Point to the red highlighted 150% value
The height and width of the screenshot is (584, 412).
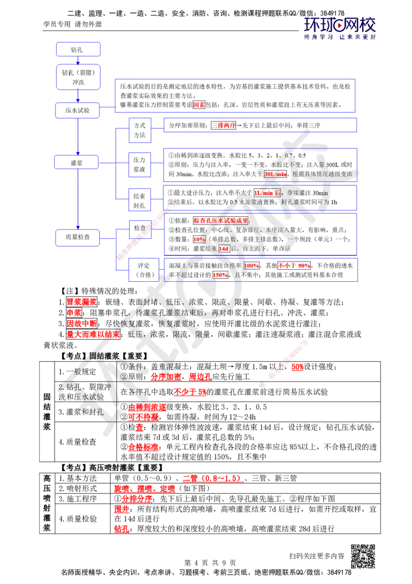220,275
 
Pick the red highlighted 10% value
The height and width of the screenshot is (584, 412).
199,239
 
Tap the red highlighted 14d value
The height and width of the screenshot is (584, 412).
224,249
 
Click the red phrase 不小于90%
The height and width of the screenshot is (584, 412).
294,265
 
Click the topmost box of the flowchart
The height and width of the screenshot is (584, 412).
78,50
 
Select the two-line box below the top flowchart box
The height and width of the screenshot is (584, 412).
78,76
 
